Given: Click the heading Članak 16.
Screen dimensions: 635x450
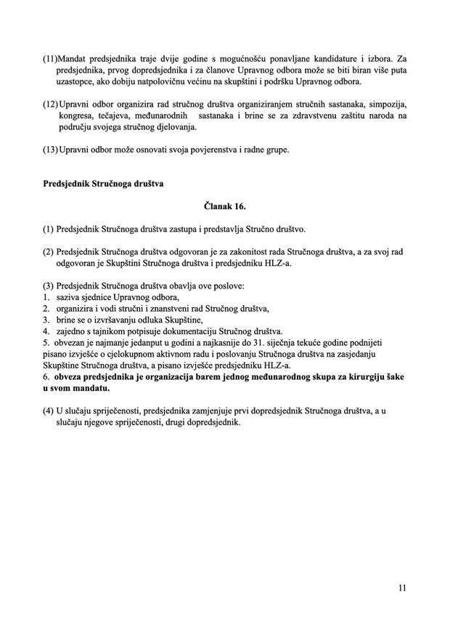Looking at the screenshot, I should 224,206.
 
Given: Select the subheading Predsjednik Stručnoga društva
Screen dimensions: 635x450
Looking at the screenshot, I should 103,183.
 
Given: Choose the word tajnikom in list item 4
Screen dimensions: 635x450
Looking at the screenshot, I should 117,331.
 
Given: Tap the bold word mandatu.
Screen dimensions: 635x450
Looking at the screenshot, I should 89,389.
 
